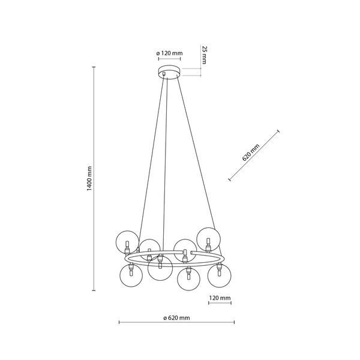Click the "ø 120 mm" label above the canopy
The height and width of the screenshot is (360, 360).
click(x=169, y=53)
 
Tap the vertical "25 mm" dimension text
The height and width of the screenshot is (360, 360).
click(x=204, y=55)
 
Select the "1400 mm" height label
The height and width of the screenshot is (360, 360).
click(x=88, y=179)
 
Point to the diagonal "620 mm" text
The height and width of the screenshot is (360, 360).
click(x=250, y=153)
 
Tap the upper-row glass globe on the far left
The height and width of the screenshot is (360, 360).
click(x=127, y=241)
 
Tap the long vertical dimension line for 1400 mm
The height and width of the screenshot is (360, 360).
click(x=94, y=179)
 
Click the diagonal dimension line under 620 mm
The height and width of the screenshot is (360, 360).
click(x=254, y=155)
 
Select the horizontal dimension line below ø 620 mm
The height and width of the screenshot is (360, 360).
click(x=176, y=323)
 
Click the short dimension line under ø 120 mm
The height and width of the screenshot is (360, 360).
click(x=169, y=59)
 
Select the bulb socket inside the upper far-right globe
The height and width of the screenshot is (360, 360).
click(x=208, y=244)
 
